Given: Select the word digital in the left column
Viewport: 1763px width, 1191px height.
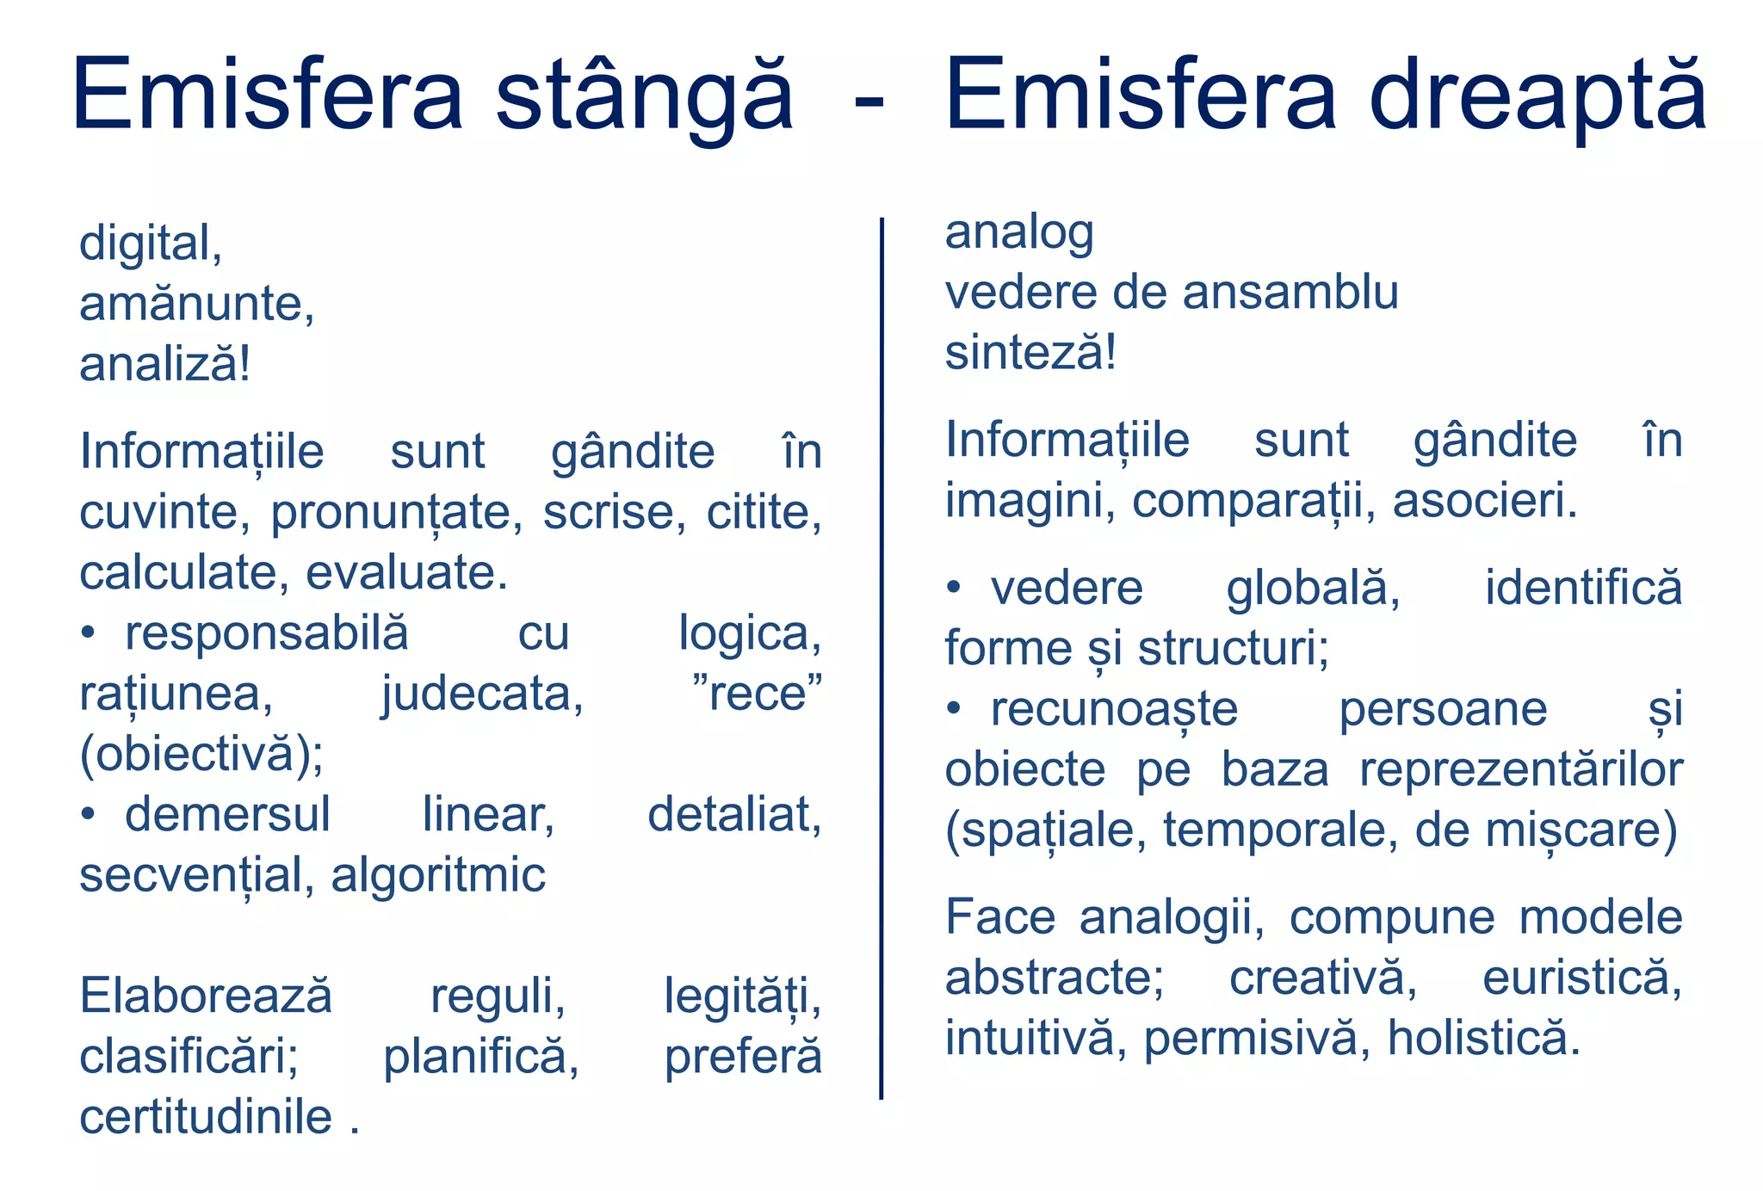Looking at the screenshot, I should (151, 244).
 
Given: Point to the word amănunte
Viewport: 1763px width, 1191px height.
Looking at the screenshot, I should (196, 304).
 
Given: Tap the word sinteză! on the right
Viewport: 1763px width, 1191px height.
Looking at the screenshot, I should (1030, 353).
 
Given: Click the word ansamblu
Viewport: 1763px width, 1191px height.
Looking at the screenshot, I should (1290, 293).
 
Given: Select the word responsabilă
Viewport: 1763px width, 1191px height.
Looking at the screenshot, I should (267, 633).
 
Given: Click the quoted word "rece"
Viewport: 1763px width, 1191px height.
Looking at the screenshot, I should (758, 694).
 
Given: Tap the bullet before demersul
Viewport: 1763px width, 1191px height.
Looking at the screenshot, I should (88, 814).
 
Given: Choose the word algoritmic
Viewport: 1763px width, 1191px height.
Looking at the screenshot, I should (438, 875).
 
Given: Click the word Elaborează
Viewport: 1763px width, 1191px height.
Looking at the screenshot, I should (206, 997).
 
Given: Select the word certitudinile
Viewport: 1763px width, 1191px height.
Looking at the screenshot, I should (206, 1118).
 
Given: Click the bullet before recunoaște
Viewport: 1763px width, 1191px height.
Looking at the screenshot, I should (954, 709).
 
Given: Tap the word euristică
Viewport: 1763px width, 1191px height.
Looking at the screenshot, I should (1581, 978).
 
